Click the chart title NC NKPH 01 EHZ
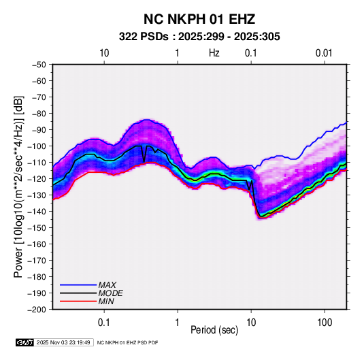point(199,19)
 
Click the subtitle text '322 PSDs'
point(144,37)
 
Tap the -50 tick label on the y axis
point(39,65)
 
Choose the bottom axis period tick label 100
point(325,323)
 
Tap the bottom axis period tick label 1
point(178,323)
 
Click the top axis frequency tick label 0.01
point(324,53)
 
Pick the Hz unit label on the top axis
point(214,53)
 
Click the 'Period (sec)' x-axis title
point(214,330)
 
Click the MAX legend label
point(107,285)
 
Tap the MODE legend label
point(110,293)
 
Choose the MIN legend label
point(106,301)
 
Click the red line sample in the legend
point(78,301)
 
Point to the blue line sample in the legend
point(78,285)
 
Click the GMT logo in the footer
point(25,342)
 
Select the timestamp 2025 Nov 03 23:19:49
point(63,342)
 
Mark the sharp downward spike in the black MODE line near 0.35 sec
point(144,161)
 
